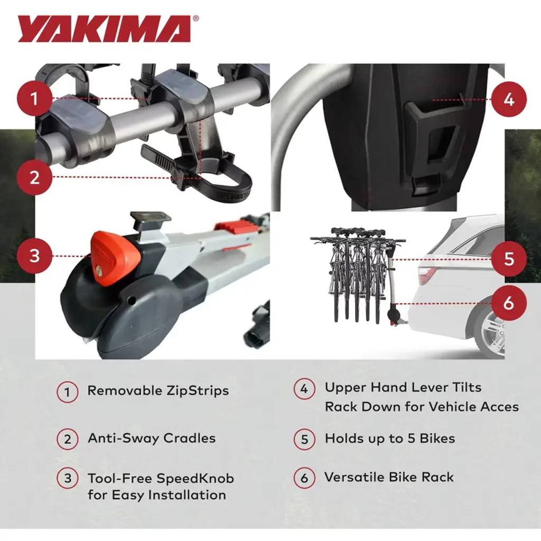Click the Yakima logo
point(104,29)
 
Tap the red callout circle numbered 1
point(34,98)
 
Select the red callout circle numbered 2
point(34,178)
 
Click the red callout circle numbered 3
point(34,256)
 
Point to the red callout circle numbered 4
point(509,99)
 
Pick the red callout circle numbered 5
point(509,259)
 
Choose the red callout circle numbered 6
point(509,303)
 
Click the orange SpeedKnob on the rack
point(115,258)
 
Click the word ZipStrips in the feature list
point(198,390)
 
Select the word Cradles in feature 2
point(190,438)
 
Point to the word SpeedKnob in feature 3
point(195,479)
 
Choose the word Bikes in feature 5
point(437,438)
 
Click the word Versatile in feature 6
point(355,477)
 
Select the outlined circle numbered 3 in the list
point(67,479)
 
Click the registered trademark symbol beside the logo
point(195,18)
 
